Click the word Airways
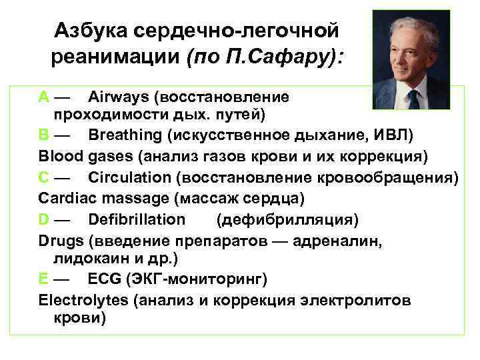tap(118, 97)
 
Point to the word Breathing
tap(125, 135)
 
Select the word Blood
tap(61, 157)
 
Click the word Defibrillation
tap(137, 219)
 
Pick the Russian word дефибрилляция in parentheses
tap(287, 219)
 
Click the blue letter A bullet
tap(43, 97)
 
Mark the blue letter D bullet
tap(44, 219)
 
